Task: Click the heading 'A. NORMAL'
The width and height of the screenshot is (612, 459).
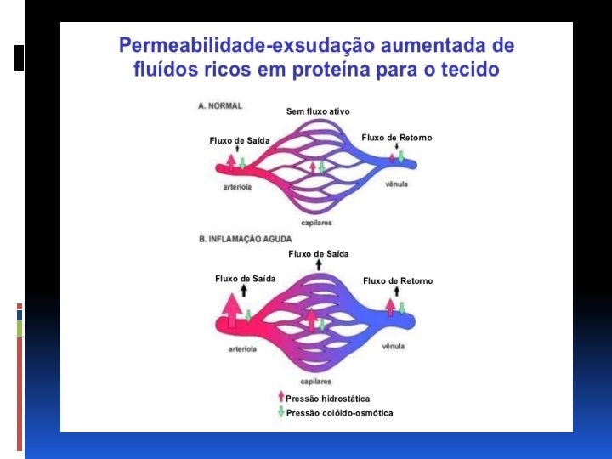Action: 220,105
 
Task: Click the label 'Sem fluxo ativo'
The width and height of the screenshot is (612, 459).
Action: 318,111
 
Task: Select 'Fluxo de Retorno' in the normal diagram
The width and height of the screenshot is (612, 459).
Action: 397,138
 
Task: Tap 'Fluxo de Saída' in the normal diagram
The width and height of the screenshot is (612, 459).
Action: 239,140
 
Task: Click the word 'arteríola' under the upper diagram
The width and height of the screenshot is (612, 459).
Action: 237,187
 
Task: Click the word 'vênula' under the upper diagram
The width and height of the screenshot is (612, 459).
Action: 396,184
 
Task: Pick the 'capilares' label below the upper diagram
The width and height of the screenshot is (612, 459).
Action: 316,223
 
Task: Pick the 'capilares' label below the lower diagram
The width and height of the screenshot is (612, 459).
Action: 316,382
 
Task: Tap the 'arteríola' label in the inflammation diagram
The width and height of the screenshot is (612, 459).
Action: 242,348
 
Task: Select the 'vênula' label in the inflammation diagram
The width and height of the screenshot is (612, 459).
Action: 393,346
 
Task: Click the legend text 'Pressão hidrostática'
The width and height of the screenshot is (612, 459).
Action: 327,398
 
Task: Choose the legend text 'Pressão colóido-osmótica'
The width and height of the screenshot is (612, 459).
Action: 339,413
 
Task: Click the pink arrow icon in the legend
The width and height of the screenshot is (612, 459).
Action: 280,397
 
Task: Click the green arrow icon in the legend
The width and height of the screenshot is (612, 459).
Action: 280,412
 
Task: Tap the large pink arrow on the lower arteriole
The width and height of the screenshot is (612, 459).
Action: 229,309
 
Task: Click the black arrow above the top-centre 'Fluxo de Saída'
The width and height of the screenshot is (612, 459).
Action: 319,265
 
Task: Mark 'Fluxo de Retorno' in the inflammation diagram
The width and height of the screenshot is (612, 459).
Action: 398,280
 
